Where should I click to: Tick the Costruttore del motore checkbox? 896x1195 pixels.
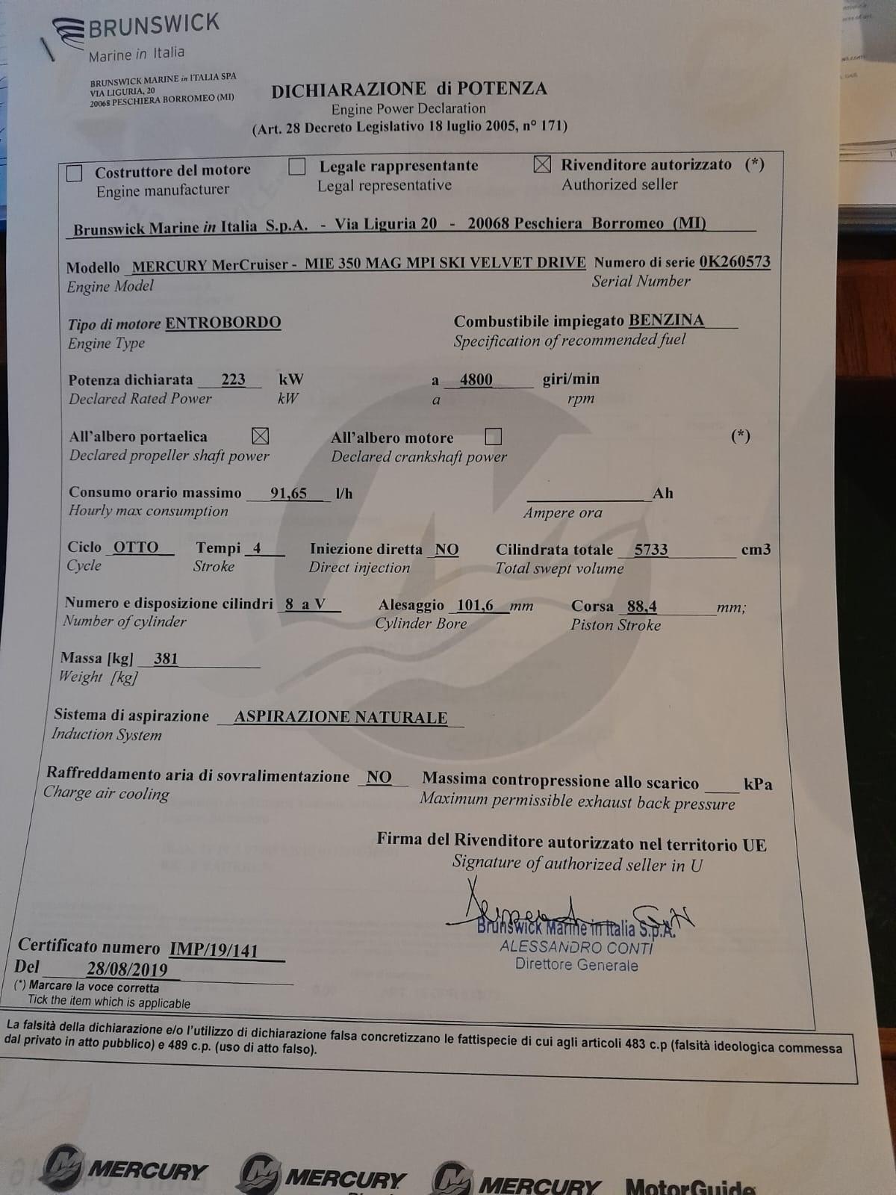pyautogui.click(x=75, y=173)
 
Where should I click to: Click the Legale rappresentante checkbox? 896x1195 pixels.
pyautogui.click(x=297, y=167)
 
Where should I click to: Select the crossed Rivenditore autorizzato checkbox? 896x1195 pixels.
pyautogui.click(x=543, y=164)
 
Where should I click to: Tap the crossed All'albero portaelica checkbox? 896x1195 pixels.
pyautogui.click(x=261, y=435)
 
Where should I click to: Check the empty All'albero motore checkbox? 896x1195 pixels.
pyautogui.click(x=493, y=435)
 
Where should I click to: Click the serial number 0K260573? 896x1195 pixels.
pyautogui.click(x=735, y=261)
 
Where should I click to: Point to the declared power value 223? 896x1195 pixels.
pyautogui.click(x=233, y=379)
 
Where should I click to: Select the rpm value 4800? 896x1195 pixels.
pyautogui.click(x=476, y=379)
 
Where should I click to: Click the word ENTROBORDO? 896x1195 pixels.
pyautogui.click(x=223, y=323)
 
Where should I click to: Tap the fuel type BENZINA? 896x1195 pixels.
pyautogui.click(x=666, y=320)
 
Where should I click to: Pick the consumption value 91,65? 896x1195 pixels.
pyautogui.click(x=288, y=493)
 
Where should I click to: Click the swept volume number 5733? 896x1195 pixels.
pyautogui.click(x=651, y=550)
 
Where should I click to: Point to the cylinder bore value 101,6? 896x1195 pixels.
pyautogui.click(x=475, y=606)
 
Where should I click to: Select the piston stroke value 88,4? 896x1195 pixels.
pyautogui.click(x=642, y=606)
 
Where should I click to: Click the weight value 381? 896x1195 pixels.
pyautogui.click(x=166, y=659)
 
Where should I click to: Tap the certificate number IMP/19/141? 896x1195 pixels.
pyautogui.click(x=214, y=950)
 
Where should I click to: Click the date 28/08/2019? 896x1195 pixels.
pyautogui.click(x=127, y=969)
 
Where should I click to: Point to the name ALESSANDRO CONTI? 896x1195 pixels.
pyautogui.click(x=576, y=947)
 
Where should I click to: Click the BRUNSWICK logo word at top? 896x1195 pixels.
pyautogui.click(x=155, y=26)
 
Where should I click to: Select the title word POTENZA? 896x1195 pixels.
pyautogui.click(x=502, y=89)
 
